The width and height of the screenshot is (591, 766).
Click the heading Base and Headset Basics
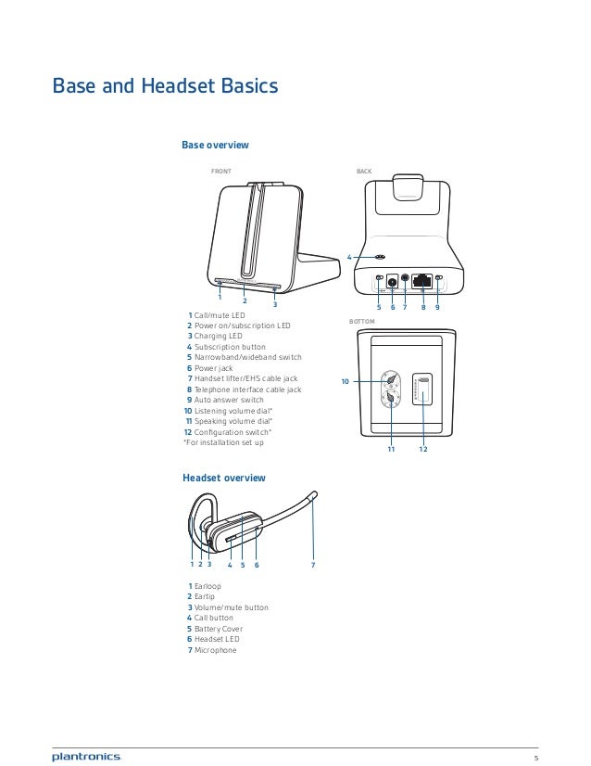164,88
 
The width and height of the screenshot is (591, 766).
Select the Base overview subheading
215,145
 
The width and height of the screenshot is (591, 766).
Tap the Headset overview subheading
223,478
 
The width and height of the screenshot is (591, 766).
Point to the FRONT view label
220,172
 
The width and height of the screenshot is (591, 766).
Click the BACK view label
363,172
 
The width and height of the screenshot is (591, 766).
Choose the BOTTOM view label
361,321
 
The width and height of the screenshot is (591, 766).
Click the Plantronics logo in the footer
86,733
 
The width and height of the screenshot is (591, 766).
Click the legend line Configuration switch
232,432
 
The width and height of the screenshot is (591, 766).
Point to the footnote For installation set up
223,442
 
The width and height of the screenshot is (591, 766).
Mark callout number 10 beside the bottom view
345,381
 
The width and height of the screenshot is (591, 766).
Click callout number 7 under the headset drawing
313,564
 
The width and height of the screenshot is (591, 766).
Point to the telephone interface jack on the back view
421,279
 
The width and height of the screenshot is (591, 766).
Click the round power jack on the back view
392,280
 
